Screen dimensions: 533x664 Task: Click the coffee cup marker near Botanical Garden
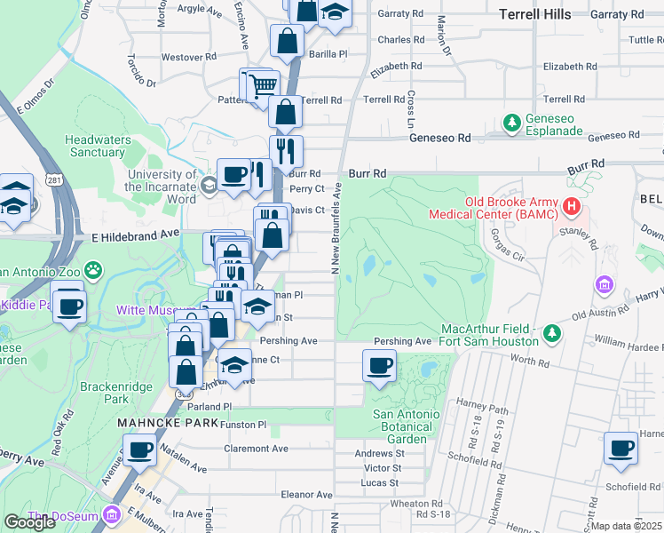[380, 365]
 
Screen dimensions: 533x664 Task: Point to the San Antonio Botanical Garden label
[405, 426]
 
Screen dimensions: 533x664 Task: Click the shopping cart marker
[261, 85]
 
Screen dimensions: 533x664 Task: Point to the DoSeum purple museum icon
[112, 514]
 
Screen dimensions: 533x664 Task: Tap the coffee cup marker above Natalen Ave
[139, 450]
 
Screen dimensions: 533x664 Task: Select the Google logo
[29, 522]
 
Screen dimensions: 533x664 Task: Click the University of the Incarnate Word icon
[209, 185]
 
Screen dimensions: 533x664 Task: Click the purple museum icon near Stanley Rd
[604, 285]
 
